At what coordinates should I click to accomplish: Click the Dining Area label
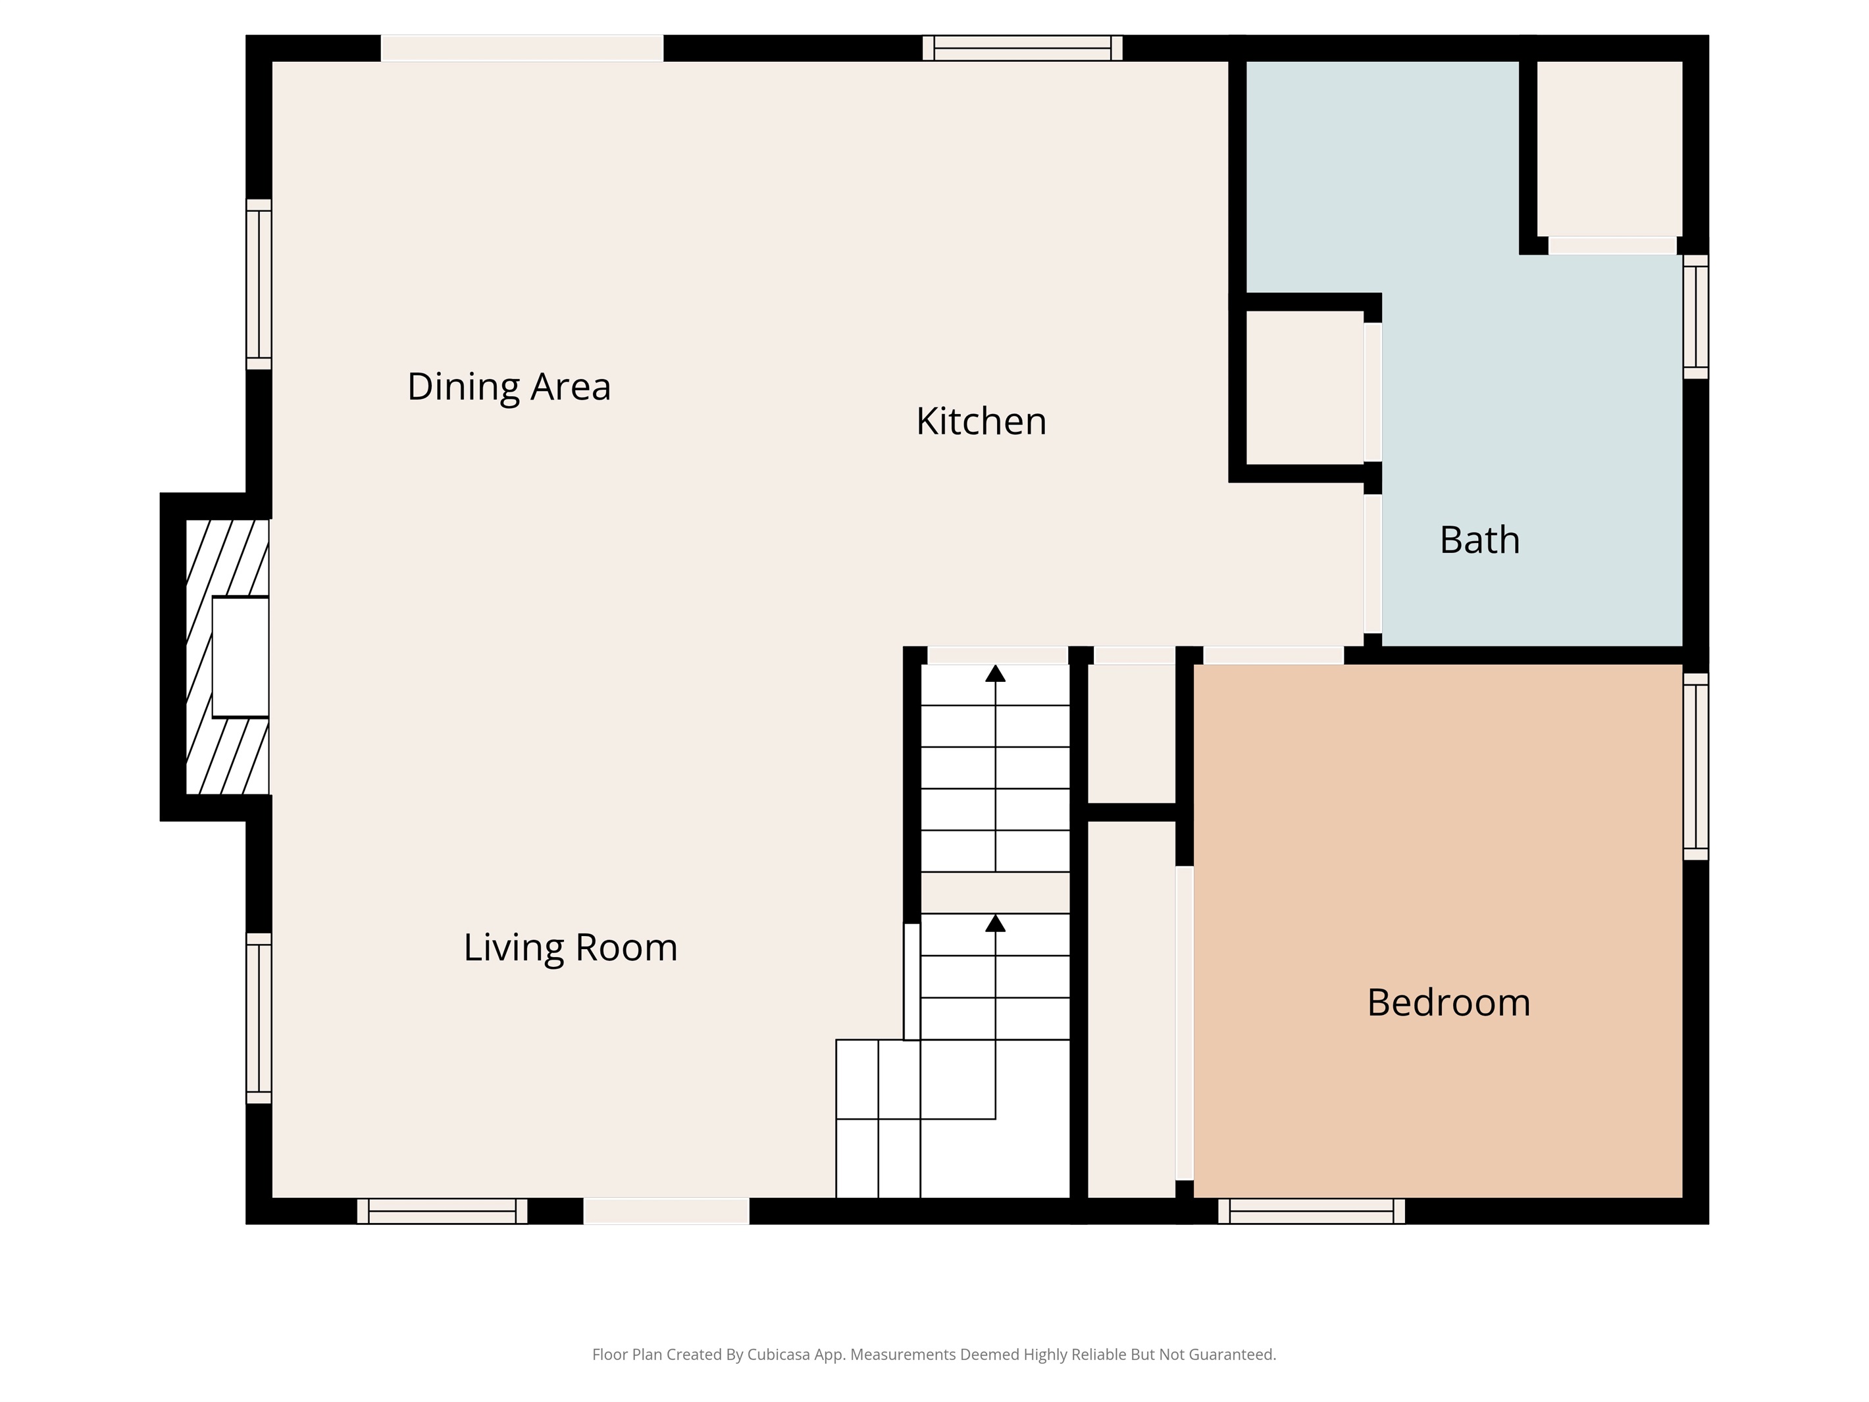coord(509,387)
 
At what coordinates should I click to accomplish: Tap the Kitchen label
coord(981,421)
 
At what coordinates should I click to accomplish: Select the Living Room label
coord(571,947)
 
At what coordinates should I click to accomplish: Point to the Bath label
coord(1479,540)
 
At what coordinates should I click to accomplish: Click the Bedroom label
coord(1448,1002)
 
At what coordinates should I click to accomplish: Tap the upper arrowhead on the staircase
coord(995,673)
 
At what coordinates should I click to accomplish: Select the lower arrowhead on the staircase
coord(995,923)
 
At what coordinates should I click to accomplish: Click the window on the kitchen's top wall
coord(1023,48)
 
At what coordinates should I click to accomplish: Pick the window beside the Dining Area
coord(259,285)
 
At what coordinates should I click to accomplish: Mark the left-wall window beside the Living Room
coord(259,1018)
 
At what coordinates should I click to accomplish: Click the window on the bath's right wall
coord(1696,317)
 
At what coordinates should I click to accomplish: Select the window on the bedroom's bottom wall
coord(1312,1211)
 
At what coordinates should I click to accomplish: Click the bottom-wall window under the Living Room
coord(442,1211)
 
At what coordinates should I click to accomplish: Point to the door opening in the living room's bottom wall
coord(667,1211)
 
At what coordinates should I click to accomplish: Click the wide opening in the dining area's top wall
coord(522,48)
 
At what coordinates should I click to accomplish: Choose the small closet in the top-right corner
coord(1610,149)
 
